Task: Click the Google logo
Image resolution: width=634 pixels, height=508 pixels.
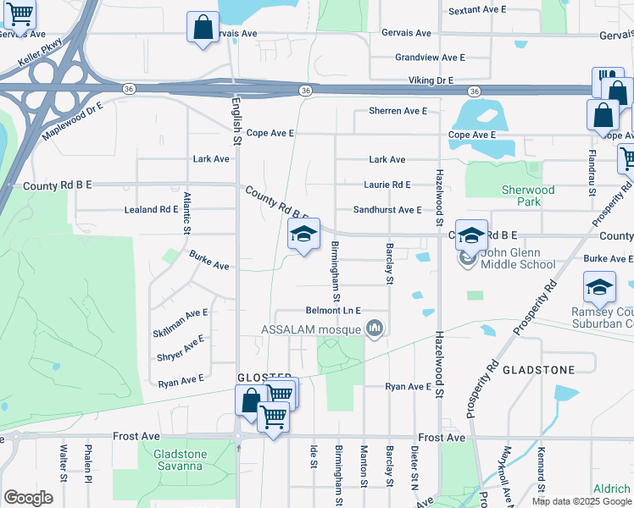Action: click(x=28, y=498)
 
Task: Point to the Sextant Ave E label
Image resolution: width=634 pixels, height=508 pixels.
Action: click(x=477, y=10)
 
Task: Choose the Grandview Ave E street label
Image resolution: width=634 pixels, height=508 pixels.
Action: click(x=430, y=58)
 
